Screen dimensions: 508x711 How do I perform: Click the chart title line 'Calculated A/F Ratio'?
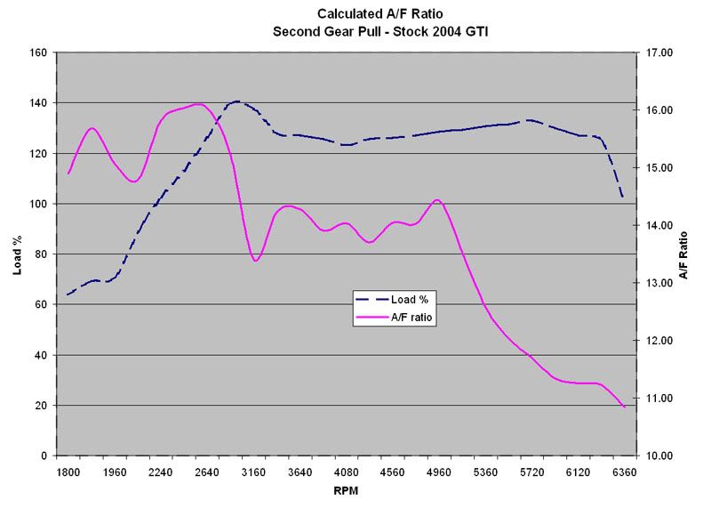pos(356,14)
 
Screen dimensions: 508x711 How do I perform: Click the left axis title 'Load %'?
pos(17,254)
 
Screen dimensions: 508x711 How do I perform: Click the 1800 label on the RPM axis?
pos(68,471)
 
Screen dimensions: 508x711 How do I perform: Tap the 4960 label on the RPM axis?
pos(439,471)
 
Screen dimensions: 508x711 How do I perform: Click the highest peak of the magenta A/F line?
pos(198,104)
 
